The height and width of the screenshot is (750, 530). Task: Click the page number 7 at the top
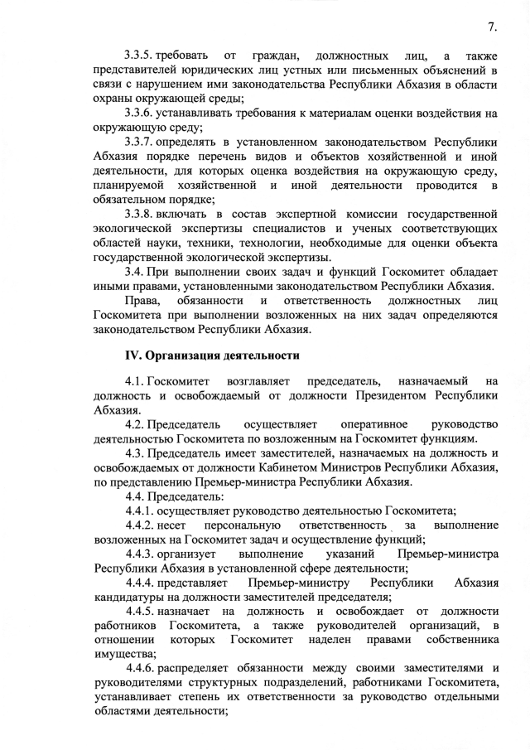pos(493,27)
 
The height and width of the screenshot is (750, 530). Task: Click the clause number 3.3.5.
pos(142,56)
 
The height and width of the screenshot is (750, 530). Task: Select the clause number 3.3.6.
pos(142,112)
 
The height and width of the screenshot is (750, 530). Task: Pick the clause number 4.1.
pos(136,381)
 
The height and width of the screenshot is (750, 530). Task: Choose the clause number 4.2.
pos(136,423)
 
